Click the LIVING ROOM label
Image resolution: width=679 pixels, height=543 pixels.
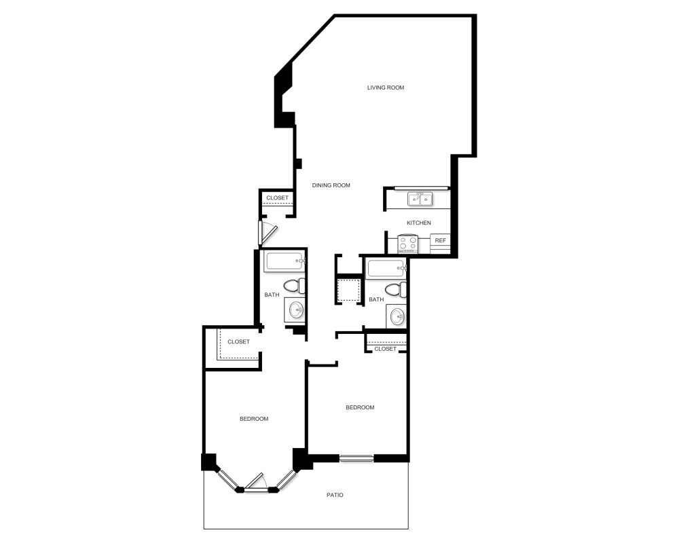(386, 88)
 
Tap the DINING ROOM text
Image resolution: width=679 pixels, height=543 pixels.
(331, 185)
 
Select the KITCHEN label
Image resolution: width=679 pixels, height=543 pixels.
(418, 223)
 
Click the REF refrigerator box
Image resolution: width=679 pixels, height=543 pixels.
(440, 240)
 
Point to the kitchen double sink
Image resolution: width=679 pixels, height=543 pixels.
(420, 199)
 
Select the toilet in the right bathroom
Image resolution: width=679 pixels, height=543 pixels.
(396, 290)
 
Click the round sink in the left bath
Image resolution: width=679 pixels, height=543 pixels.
(296, 310)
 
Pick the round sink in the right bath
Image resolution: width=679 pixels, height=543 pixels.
(397, 316)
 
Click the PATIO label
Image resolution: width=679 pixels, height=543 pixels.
(335, 495)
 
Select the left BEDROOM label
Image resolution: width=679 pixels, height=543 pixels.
(254, 419)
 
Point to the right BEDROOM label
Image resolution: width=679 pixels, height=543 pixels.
(360, 407)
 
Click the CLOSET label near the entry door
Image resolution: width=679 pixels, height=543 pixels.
(277, 198)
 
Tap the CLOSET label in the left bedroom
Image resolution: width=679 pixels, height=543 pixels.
(238, 341)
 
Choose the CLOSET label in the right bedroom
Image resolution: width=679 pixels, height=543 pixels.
(385, 349)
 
